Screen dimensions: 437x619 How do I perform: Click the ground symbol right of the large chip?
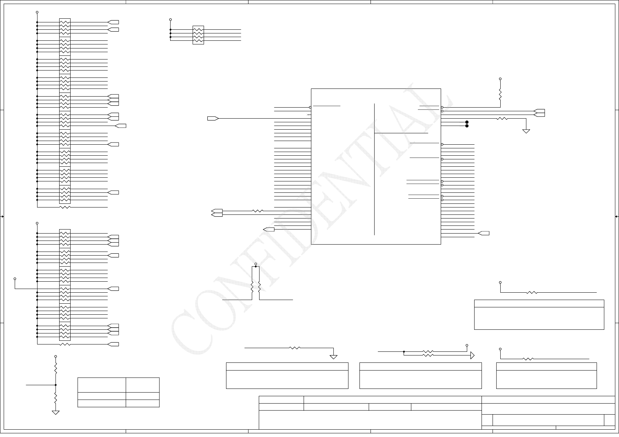tap(526, 130)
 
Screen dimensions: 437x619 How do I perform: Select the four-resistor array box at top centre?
tap(198, 35)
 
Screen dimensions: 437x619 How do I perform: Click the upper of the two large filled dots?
tap(467, 122)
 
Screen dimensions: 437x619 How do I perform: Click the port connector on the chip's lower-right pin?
tap(484, 233)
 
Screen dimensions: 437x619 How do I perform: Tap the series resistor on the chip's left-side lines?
tap(258, 211)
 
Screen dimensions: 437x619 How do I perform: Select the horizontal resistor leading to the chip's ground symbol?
tap(502, 119)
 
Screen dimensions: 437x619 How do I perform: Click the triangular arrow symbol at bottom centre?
tap(472, 355)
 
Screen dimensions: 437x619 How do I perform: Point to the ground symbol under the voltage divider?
tap(56, 412)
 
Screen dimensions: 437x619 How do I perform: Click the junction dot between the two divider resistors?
tap(56, 385)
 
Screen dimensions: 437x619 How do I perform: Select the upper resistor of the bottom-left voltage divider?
tap(56, 368)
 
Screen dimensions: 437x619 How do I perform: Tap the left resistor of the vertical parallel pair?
tap(252, 287)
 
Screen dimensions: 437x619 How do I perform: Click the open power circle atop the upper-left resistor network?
tap(37, 12)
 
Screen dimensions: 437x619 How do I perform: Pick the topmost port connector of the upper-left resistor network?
tap(113, 22)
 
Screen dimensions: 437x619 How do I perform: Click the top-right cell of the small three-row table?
tap(143, 385)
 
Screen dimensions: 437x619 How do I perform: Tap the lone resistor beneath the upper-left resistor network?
tap(65, 207)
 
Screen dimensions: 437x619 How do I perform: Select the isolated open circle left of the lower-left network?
tap(15, 279)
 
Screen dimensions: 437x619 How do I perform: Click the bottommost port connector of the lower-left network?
tap(113, 344)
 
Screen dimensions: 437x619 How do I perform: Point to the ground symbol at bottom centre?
tap(333, 357)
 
